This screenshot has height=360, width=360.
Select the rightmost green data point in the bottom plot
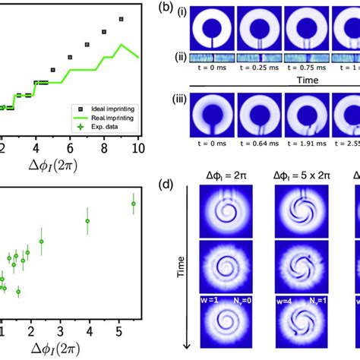click(x=133, y=204)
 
